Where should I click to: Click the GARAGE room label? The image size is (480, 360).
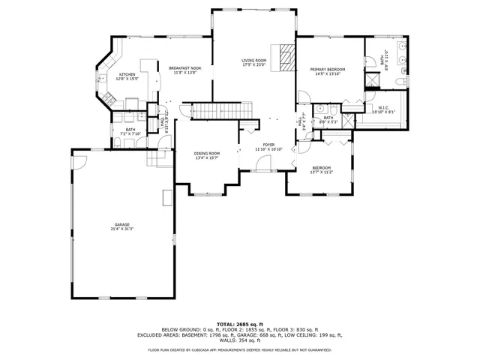click(x=122, y=224)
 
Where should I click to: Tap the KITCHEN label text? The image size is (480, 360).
click(x=127, y=74)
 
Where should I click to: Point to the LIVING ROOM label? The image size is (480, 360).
click(x=253, y=60)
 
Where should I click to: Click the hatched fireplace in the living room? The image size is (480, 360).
click(x=284, y=57)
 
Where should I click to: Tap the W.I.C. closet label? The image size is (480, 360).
click(x=382, y=107)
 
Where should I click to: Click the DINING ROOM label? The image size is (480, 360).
click(x=206, y=153)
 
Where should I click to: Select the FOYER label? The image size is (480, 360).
click(x=268, y=145)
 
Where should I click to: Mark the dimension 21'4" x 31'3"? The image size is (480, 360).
click(x=122, y=229)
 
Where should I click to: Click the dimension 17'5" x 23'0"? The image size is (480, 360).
click(x=253, y=64)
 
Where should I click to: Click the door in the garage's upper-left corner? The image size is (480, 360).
click(x=79, y=159)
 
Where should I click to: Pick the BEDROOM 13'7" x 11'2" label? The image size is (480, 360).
click(x=321, y=168)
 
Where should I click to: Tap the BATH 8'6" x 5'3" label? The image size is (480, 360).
click(x=328, y=118)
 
